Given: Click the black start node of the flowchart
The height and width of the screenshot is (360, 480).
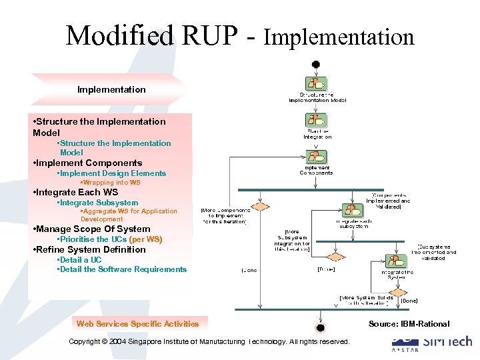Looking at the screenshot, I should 315,65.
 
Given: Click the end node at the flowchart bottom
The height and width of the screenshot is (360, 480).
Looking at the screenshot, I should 321,327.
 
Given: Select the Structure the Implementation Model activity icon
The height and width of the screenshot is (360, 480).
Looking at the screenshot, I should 315,84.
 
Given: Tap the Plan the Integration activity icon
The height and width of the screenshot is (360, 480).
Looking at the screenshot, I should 315,121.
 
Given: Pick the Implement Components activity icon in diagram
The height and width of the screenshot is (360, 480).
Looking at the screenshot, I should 315,157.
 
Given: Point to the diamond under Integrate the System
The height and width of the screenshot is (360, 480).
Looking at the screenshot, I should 397,291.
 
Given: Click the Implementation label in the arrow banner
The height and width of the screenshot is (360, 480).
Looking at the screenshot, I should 111,89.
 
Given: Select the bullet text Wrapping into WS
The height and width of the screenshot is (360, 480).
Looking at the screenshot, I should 111,183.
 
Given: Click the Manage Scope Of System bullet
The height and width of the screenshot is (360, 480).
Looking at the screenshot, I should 91,229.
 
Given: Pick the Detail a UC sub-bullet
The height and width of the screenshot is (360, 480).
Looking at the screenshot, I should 80,260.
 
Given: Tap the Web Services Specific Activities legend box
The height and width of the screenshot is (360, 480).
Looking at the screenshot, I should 137,324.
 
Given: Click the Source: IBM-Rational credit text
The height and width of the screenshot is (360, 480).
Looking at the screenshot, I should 409,324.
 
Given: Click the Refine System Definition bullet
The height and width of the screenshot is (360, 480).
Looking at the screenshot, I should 89,249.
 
